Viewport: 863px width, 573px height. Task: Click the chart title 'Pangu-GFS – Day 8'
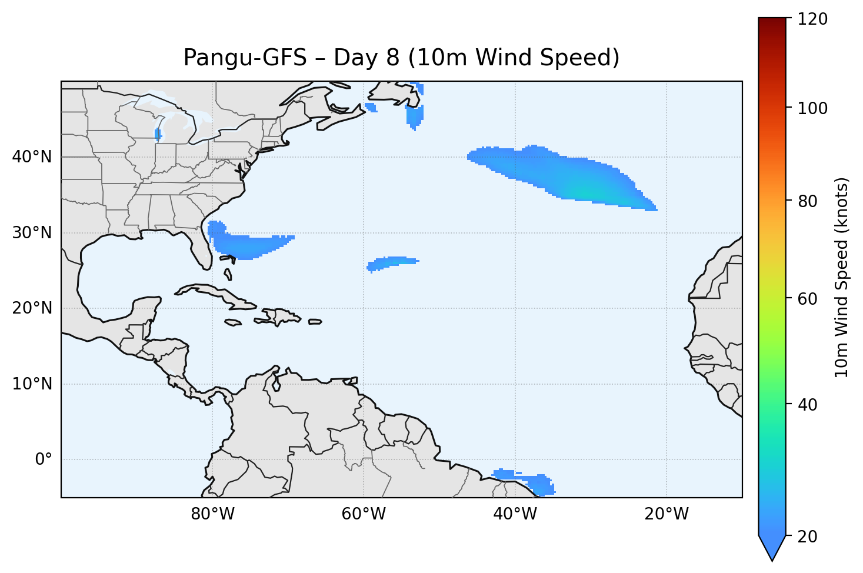[401, 58]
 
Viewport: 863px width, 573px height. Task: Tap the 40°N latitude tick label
[32, 157]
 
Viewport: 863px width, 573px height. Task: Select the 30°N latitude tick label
[32, 233]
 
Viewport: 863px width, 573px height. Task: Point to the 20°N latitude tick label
[32, 308]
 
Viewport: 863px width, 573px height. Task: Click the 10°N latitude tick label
[32, 384]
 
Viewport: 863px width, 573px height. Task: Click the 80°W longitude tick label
[212, 514]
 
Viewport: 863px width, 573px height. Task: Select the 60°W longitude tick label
[364, 514]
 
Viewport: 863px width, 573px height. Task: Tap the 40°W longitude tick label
[515, 514]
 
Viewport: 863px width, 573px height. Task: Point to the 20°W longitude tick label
[666, 514]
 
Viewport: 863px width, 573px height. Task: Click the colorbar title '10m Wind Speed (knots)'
[842, 277]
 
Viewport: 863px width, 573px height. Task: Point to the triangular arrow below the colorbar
[772, 547]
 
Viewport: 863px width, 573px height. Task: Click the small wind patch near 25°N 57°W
[391, 262]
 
